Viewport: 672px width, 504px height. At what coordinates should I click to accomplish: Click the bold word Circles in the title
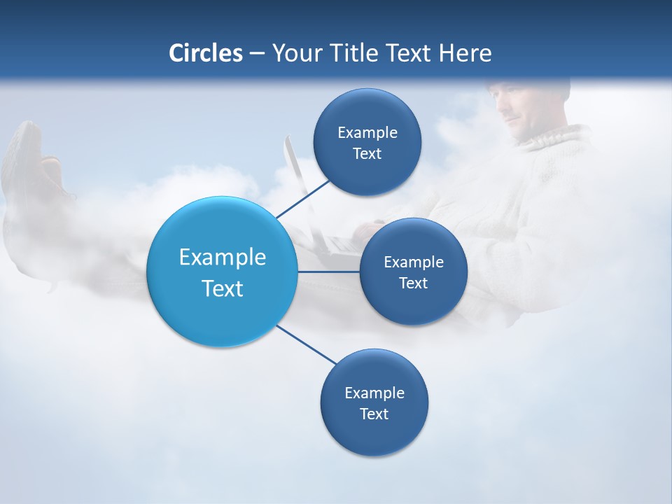(x=206, y=53)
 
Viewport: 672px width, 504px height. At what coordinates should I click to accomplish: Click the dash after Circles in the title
(x=257, y=54)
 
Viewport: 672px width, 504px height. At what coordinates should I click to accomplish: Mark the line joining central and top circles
(x=302, y=199)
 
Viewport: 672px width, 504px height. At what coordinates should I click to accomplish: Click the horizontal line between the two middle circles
(x=328, y=271)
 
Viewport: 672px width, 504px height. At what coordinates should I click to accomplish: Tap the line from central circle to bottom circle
(x=306, y=344)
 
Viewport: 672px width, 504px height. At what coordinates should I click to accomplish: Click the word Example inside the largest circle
(x=223, y=258)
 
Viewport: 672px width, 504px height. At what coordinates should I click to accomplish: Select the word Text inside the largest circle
(x=223, y=288)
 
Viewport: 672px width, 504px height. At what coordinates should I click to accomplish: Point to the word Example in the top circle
(x=367, y=133)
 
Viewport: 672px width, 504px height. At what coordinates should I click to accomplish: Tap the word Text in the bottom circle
(x=374, y=414)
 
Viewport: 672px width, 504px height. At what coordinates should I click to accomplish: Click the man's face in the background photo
(x=521, y=112)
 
